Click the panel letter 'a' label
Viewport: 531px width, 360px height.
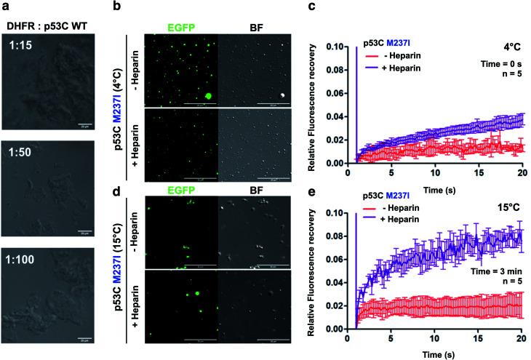coord(6,7)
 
